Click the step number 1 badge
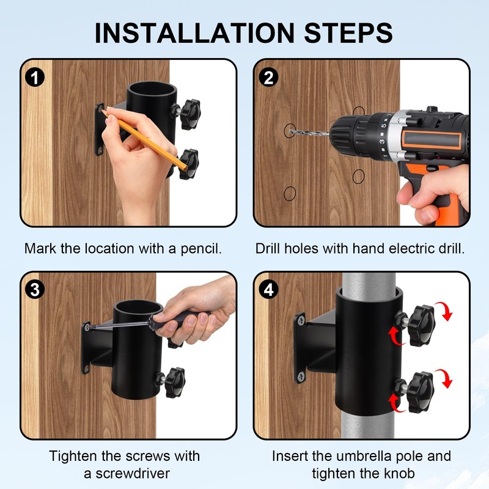click(x=35, y=78)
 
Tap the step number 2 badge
click(x=268, y=78)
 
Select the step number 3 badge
click(x=35, y=290)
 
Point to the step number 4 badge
click(x=268, y=290)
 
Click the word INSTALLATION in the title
click(x=194, y=33)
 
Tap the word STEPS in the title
click(x=348, y=33)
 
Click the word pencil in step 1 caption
click(x=201, y=249)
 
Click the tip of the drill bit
click(x=290, y=132)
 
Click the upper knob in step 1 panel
click(x=189, y=114)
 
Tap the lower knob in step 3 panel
click(x=175, y=383)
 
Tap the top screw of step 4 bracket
click(x=301, y=320)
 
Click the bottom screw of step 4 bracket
click(x=301, y=377)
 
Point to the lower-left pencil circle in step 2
click(x=290, y=194)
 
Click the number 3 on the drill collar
click(x=382, y=142)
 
